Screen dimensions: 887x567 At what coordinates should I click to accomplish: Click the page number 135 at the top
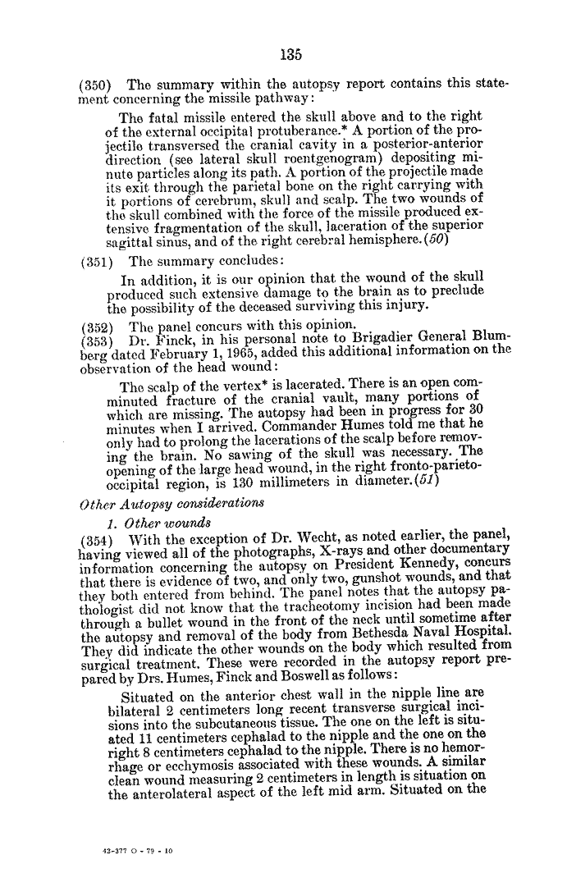[290, 56]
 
